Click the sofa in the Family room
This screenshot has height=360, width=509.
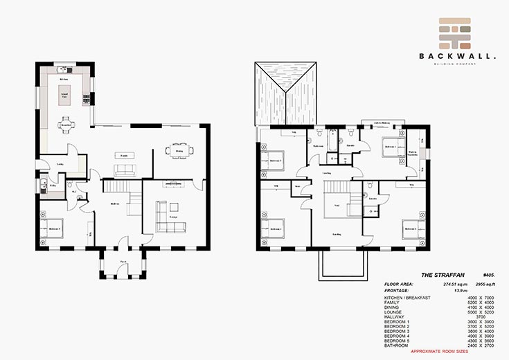(x=124, y=170)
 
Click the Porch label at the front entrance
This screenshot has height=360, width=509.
(x=123, y=262)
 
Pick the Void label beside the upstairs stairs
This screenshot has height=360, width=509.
(x=337, y=205)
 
